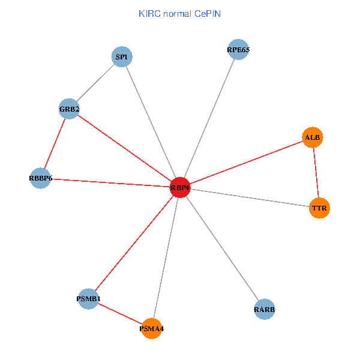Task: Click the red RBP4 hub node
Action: coord(180,188)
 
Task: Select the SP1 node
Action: coord(122,57)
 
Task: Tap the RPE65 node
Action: coord(238,50)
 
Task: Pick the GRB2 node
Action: coord(70,109)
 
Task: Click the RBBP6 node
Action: coord(40,178)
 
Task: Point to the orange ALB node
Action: coord(313,137)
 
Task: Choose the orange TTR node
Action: coord(319,208)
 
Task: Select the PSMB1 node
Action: coord(89,299)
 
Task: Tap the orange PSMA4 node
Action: coord(152,329)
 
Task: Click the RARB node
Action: coord(265,310)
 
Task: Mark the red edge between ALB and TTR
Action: coord(316,173)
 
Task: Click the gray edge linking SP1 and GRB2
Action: coord(96,83)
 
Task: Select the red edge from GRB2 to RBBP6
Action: coord(55,143)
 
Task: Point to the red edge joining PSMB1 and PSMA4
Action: coord(120,314)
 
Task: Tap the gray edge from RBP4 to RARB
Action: coord(222,248)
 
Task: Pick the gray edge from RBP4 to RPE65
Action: coord(209,119)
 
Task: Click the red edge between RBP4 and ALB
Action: coord(246,163)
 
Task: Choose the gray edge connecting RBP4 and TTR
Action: coord(250,198)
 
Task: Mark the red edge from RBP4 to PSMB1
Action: coord(134,243)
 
